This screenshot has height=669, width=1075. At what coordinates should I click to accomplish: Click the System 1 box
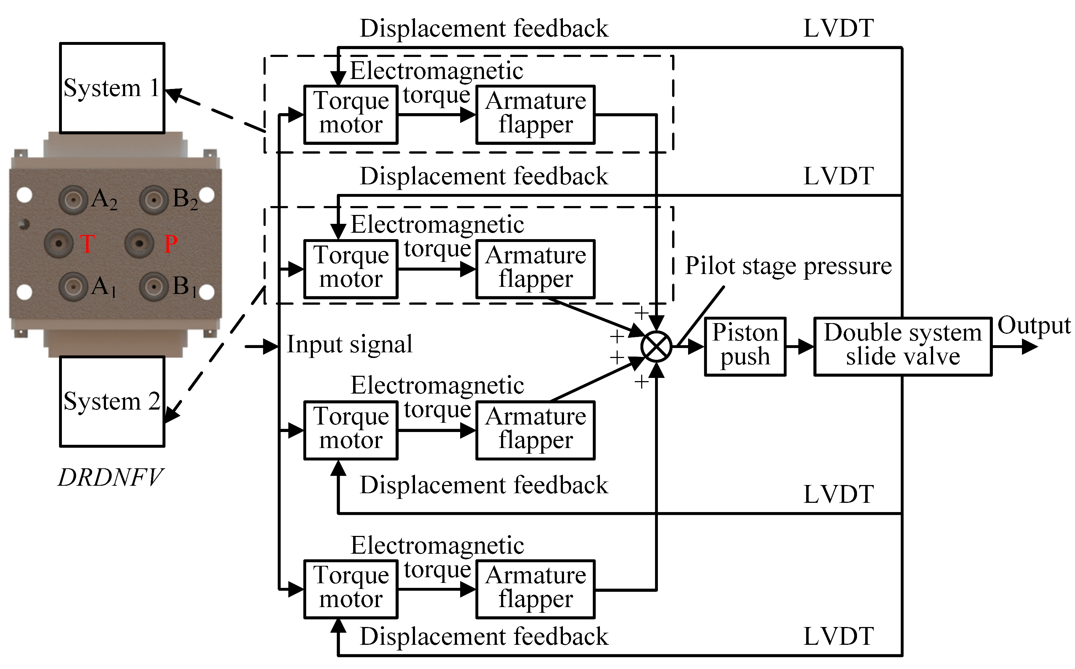click(x=112, y=88)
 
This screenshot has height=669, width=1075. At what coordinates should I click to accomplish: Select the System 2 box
click(x=112, y=401)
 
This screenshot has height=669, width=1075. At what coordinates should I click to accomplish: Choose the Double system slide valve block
click(x=903, y=347)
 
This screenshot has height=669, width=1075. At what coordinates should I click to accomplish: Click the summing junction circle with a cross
click(x=656, y=347)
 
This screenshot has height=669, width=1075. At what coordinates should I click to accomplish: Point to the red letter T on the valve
click(x=87, y=243)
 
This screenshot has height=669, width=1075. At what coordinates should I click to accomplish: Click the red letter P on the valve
click(x=171, y=243)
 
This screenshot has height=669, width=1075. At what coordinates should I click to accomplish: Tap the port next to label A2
click(x=73, y=200)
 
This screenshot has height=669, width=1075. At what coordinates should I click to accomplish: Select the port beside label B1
click(x=154, y=287)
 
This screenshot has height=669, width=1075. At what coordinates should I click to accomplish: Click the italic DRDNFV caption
click(x=111, y=478)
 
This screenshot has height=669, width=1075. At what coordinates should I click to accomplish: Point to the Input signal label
click(x=350, y=344)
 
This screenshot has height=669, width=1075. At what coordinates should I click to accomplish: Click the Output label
click(x=1034, y=325)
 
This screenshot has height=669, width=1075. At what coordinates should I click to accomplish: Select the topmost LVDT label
click(x=839, y=28)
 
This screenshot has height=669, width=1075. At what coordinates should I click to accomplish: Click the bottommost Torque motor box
click(x=351, y=589)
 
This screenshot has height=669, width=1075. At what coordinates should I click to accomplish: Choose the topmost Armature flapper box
click(x=535, y=115)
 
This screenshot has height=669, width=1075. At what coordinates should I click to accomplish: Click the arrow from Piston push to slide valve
click(x=800, y=347)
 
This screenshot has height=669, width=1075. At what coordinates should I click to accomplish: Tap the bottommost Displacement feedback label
click(x=484, y=636)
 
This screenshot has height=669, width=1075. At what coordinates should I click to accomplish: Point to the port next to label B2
click(x=154, y=200)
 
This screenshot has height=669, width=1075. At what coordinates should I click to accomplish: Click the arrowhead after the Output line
click(x=1030, y=347)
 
